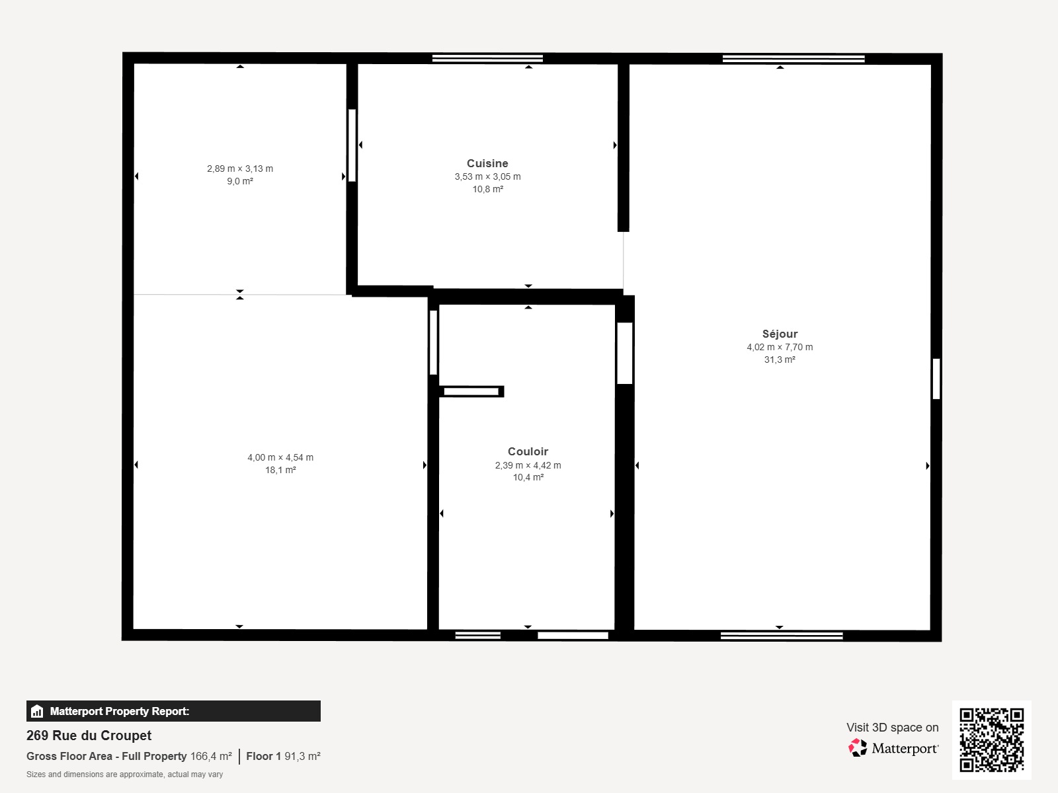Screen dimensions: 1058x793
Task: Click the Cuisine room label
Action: (x=487, y=163)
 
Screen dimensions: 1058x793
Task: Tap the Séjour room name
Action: (x=780, y=334)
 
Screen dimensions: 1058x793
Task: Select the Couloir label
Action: (x=528, y=451)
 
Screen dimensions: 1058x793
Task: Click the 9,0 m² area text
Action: (x=240, y=182)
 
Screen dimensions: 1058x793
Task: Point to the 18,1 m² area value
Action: (x=280, y=470)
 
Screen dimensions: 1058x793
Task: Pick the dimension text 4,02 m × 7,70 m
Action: (x=780, y=347)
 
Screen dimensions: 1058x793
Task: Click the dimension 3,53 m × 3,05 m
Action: (x=487, y=176)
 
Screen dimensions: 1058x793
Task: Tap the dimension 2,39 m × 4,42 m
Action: (x=528, y=465)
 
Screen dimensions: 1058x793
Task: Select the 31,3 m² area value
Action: (x=780, y=359)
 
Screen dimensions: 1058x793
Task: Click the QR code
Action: (x=991, y=740)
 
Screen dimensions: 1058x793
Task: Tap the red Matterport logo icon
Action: (x=858, y=748)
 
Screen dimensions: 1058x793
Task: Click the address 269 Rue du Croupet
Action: (x=89, y=736)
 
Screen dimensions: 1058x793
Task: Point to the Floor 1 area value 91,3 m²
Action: (x=302, y=757)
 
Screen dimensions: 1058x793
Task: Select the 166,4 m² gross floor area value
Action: (x=211, y=757)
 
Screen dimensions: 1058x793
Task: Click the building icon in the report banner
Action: (x=37, y=711)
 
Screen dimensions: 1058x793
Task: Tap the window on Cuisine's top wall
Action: (x=487, y=59)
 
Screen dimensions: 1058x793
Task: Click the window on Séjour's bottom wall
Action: (x=782, y=636)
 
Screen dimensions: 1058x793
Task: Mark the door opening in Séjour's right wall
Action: (x=936, y=379)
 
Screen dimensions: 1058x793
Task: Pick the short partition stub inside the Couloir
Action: (x=471, y=391)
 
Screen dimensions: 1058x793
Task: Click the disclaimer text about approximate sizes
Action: (x=124, y=774)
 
